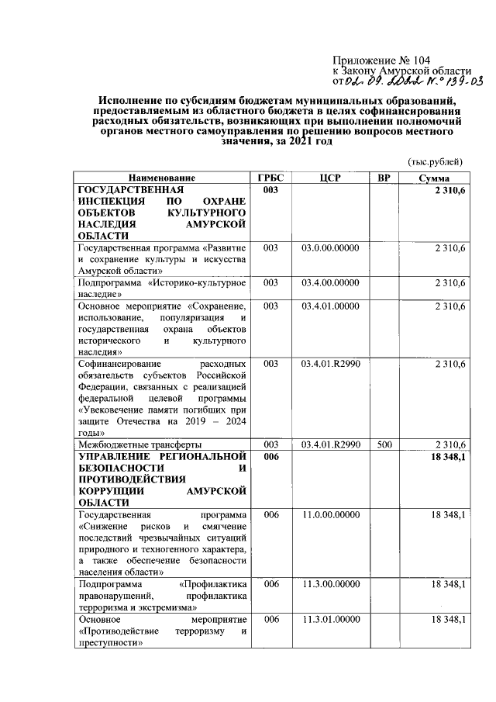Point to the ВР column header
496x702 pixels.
[383, 178]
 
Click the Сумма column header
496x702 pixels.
[435, 178]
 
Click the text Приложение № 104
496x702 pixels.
[381, 60]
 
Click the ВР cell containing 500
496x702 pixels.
[383, 444]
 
